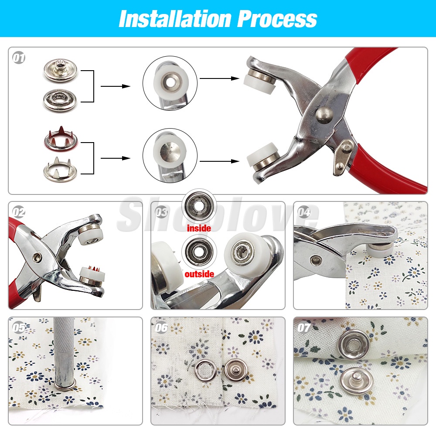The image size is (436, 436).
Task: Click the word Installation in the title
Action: (175, 19)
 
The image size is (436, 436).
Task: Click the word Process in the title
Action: (277, 19)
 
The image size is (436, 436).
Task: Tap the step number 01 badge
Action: (19, 58)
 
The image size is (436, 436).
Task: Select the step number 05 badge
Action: (19, 328)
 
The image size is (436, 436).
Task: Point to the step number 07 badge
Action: (303, 328)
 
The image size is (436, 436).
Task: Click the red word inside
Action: (199, 228)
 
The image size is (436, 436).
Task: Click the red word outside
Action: (199, 274)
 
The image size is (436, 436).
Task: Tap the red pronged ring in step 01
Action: (61, 139)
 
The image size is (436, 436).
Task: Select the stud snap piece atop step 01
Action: (60, 70)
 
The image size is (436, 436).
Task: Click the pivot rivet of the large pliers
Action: (324, 114)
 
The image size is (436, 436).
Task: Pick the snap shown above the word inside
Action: (198, 206)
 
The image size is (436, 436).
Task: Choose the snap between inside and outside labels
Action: (198, 252)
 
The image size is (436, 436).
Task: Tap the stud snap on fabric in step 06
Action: (235, 371)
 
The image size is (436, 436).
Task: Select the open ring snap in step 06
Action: (206, 371)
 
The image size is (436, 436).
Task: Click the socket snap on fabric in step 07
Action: (353, 345)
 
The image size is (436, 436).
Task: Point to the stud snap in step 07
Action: (357, 380)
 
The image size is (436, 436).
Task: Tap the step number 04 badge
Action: (303, 212)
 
